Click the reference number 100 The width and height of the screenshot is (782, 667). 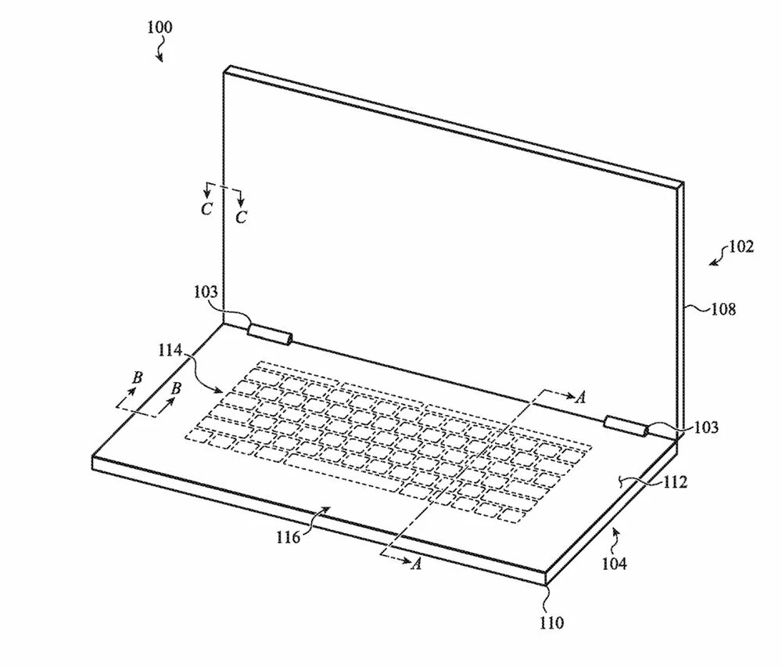[160, 27]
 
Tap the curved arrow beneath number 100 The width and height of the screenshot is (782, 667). [160, 52]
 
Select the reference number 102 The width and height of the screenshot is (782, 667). [741, 247]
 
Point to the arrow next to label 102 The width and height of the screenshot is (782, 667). [716, 258]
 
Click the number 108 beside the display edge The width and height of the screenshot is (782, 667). [723, 309]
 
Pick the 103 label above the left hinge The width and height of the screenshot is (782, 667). [209, 293]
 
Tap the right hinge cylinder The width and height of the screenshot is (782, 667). [626, 426]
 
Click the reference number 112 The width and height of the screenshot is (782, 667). [674, 482]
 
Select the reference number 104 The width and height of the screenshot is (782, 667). [613, 562]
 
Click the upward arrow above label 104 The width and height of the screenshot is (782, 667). [616, 535]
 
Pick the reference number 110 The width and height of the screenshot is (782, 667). [551, 623]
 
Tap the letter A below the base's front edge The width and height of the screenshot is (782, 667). [416, 564]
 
